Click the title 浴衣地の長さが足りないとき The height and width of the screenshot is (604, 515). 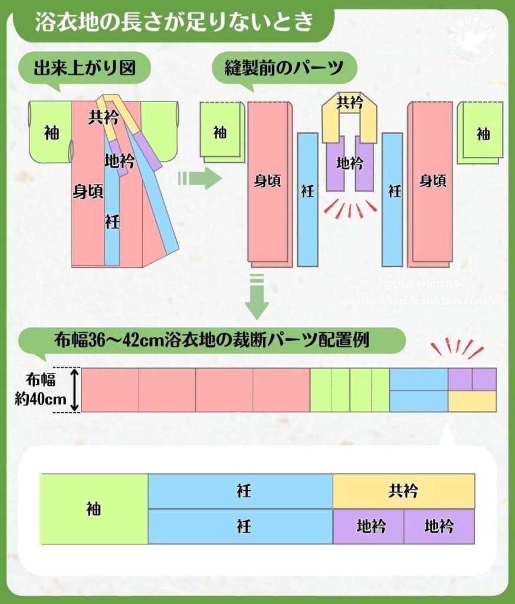[173, 24]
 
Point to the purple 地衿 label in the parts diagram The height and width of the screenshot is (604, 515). [349, 163]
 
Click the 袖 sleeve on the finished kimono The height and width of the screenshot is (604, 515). [51, 133]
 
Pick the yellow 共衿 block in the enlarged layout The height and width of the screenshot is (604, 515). [404, 491]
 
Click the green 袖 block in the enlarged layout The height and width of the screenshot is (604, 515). [94, 509]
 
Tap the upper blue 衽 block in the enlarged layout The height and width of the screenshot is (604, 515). [240, 491]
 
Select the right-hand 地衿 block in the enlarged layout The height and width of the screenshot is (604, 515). [439, 526]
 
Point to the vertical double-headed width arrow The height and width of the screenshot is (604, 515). [75, 390]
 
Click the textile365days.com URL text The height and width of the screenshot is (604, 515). [420, 300]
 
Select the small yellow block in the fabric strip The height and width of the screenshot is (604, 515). [472, 401]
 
